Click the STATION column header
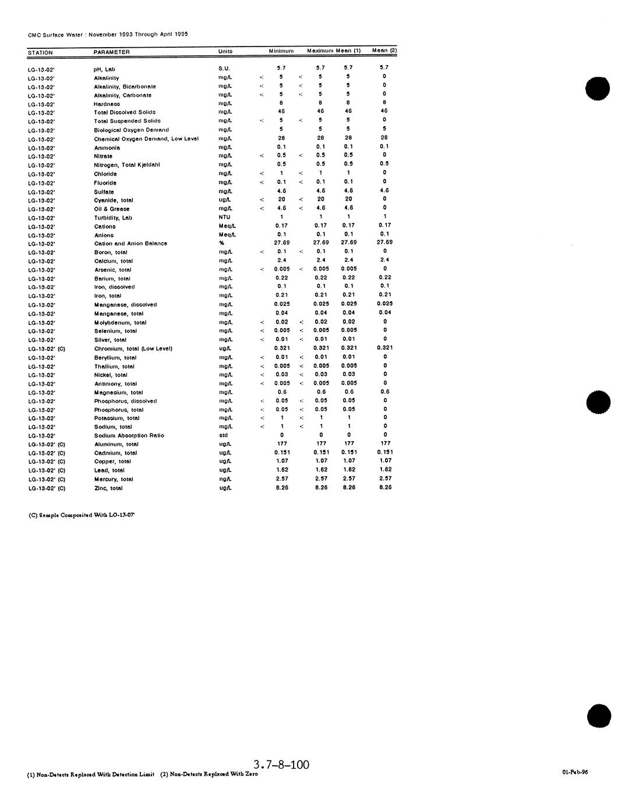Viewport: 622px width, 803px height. coord(40,52)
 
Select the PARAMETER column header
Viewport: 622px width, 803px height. coord(112,52)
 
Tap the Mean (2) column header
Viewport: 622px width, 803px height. coord(384,51)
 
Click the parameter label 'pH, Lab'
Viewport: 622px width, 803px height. coord(105,69)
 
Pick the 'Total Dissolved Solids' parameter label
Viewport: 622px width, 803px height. coord(125,112)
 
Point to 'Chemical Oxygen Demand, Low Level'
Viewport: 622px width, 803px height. coord(146,138)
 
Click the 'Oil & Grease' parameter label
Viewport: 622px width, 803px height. coord(112,209)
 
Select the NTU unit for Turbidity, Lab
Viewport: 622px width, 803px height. coord(224,217)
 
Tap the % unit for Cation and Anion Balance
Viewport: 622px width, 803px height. coord(221,243)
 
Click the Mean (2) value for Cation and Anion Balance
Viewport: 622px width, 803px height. coord(384,242)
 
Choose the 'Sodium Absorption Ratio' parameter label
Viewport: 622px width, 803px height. coord(129,435)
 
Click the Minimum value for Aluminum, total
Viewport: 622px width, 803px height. coord(282,443)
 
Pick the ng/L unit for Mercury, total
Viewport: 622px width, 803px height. coord(225,479)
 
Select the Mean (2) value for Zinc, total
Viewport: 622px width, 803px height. coord(385,487)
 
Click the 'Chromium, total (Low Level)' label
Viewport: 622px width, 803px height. coord(133,349)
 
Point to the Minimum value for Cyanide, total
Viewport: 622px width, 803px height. coord(282,199)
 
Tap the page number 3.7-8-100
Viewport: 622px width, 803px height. coord(282,764)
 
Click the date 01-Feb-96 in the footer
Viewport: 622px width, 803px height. coord(575,772)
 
